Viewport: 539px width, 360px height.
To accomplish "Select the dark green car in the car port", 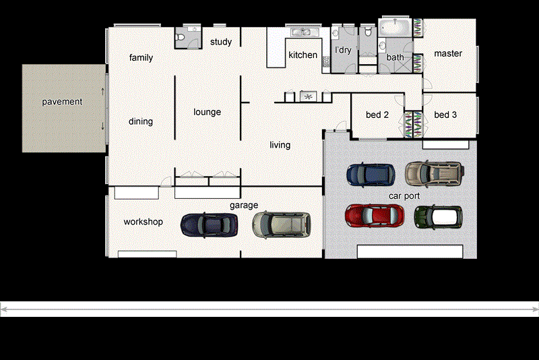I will point(438,216).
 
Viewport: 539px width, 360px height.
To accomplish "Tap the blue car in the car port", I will point(370,175).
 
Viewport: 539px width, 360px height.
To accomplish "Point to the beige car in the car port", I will point(435,173).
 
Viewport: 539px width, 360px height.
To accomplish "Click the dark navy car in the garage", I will point(210,224).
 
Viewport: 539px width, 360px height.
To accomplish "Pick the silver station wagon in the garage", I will point(281,224).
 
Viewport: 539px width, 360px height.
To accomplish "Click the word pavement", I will point(62,102).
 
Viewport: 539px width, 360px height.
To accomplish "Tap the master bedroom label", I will point(448,53).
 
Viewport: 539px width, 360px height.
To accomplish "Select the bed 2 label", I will point(377,115).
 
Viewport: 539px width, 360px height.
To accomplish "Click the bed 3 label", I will point(445,115).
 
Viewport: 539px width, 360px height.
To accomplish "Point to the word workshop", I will point(143,222).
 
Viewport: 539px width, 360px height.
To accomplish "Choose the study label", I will point(221,42).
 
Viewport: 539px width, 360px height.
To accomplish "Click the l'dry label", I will point(344,51).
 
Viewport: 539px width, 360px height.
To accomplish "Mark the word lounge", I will point(207,112).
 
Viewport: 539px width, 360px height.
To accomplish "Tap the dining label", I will point(141,121).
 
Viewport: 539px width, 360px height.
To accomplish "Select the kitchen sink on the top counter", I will point(300,32).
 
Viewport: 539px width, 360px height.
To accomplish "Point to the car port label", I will point(404,196).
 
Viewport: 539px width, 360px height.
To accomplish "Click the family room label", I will point(141,58).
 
